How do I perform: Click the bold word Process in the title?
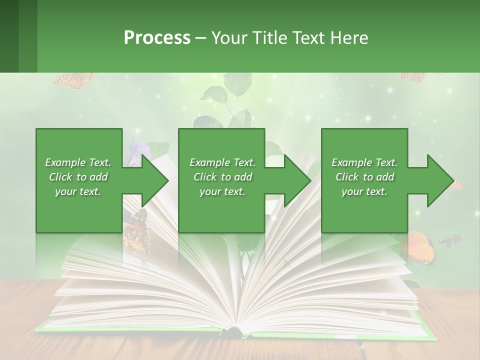(157, 37)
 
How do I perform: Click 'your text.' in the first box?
(78, 191)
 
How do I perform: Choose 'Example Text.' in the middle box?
(222, 162)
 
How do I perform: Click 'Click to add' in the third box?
(365, 177)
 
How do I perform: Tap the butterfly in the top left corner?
(73, 80)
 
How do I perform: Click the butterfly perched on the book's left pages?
(135, 233)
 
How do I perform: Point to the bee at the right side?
(450, 241)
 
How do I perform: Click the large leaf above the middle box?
(217, 94)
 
